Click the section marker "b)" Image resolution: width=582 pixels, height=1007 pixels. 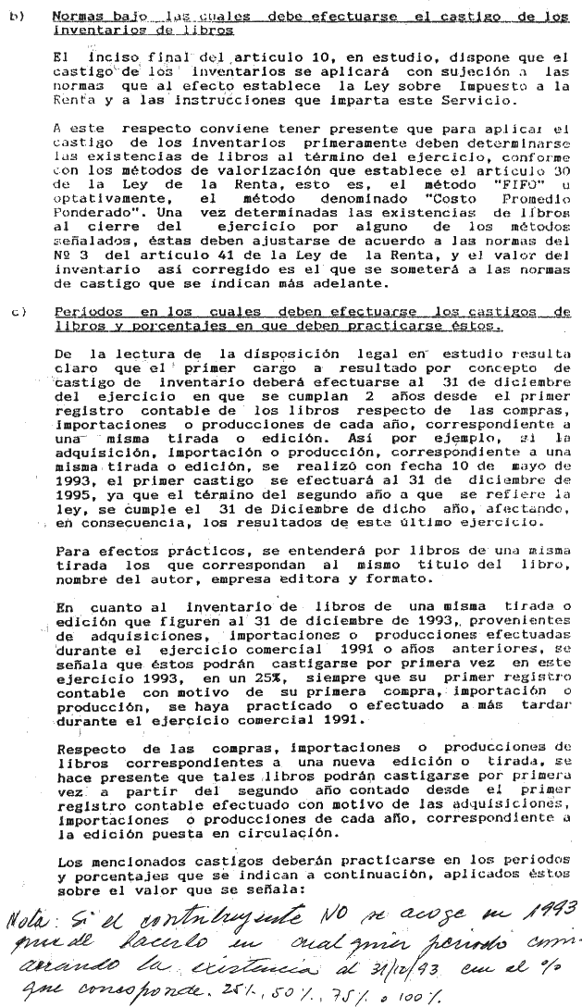pyautogui.click(x=15, y=17)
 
